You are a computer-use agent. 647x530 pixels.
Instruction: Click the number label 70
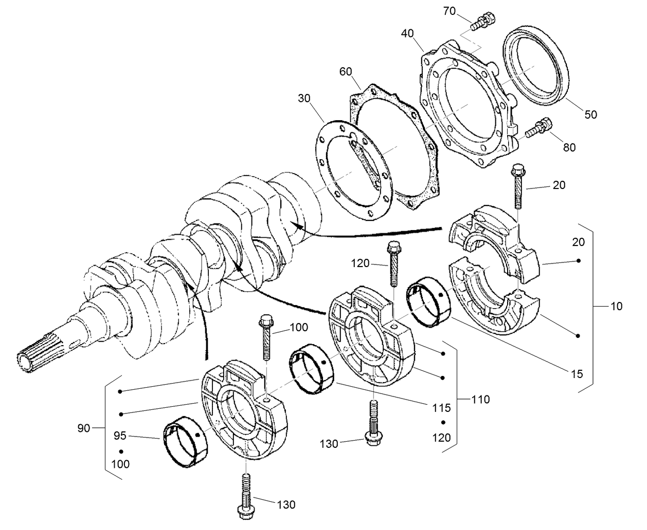click(x=449, y=11)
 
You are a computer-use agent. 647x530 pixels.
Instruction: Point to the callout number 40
click(x=408, y=33)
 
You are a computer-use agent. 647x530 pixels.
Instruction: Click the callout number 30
click(x=304, y=98)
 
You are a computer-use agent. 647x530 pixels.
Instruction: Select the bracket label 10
click(x=616, y=307)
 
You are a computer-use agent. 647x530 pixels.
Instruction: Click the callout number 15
click(x=578, y=374)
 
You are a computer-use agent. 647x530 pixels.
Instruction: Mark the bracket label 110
click(x=480, y=399)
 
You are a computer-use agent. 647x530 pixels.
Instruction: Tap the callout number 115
click(x=441, y=408)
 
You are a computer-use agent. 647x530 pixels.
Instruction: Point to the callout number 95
click(x=120, y=436)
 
